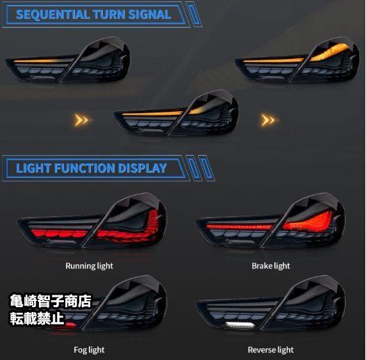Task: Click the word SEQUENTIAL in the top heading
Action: (x=53, y=15)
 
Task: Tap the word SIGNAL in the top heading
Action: (x=149, y=15)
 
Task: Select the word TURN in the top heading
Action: (x=109, y=15)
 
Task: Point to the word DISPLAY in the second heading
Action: (x=142, y=168)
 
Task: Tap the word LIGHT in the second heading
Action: (x=33, y=168)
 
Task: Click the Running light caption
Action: (x=89, y=266)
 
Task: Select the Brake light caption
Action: (x=271, y=266)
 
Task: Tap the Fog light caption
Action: (x=89, y=350)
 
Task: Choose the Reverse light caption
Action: (x=271, y=350)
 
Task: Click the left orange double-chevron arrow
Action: (x=83, y=120)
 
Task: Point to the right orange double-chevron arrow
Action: (x=269, y=120)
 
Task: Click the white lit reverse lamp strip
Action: (x=240, y=325)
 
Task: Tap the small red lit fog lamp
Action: (x=71, y=325)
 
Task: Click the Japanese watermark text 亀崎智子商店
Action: (x=51, y=301)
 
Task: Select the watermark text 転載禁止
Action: (x=37, y=318)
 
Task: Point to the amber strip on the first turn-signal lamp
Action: (x=44, y=61)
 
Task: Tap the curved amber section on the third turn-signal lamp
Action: (x=331, y=52)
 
